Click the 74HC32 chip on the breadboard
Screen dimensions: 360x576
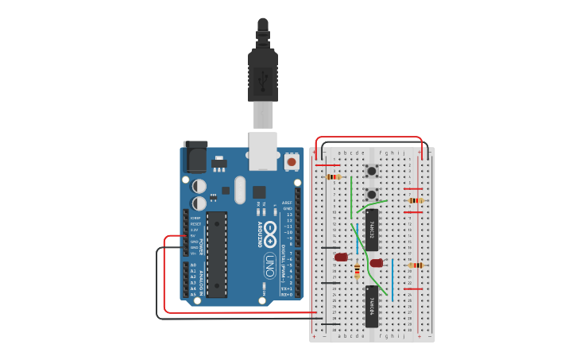pos(372,226)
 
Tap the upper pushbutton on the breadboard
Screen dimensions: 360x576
pos(371,172)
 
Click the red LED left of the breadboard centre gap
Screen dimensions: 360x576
pos(342,257)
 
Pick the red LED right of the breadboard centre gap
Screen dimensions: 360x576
pos(377,263)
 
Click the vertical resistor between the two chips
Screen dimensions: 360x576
pos(357,271)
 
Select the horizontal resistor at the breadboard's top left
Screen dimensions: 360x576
pos(334,177)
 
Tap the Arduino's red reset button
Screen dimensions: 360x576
pos(291,161)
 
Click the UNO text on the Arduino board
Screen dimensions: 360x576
pos(269,262)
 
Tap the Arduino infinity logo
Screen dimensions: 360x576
pos(270,235)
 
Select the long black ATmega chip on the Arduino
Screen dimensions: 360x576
pos(217,254)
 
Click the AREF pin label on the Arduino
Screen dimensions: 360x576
pos(287,203)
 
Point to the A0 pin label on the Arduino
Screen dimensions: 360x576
pos(192,265)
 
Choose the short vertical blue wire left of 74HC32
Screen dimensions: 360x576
pos(357,234)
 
